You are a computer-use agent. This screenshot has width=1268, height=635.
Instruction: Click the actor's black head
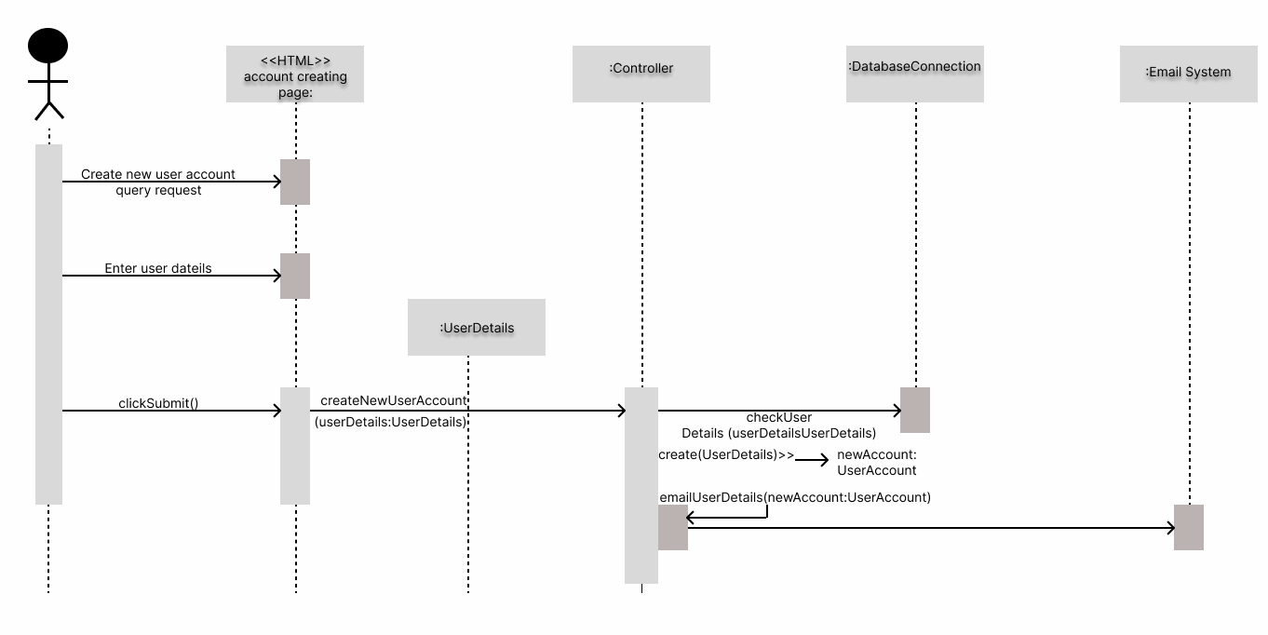point(48,47)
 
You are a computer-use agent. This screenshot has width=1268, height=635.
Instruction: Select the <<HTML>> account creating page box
point(294,74)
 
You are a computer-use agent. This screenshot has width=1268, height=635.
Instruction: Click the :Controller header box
point(641,74)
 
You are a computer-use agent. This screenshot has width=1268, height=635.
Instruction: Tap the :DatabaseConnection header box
point(914,74)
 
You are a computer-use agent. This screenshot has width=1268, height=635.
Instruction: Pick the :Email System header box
point(1188,74)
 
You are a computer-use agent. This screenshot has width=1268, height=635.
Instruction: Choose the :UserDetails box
point(476,327)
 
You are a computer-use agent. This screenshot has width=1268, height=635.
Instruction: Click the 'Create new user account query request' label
point(158,182)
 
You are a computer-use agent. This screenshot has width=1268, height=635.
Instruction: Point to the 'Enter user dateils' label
point(158,268)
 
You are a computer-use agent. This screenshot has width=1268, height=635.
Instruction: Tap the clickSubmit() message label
point(158,403)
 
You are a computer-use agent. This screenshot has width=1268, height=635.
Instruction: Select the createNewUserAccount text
point(393,400)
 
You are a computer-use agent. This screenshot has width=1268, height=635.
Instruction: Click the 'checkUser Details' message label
point(778,426)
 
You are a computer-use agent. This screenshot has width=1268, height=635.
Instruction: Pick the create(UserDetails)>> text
point(725,454)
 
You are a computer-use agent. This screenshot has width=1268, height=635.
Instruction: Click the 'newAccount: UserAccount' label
point(876,462)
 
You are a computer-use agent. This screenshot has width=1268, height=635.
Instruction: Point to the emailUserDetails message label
point(795,497)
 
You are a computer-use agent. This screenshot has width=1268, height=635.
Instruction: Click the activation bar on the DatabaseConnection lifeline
point(914,410)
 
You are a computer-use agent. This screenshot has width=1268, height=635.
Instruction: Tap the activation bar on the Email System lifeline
point(1188,527)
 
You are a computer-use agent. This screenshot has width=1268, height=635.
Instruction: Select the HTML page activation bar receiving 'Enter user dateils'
point(294,276)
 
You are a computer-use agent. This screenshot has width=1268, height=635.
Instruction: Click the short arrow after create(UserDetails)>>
point(811,459)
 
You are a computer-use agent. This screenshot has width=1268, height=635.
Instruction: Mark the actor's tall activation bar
point(48,324)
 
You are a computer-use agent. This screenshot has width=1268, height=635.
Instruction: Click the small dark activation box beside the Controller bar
point(672,527)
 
